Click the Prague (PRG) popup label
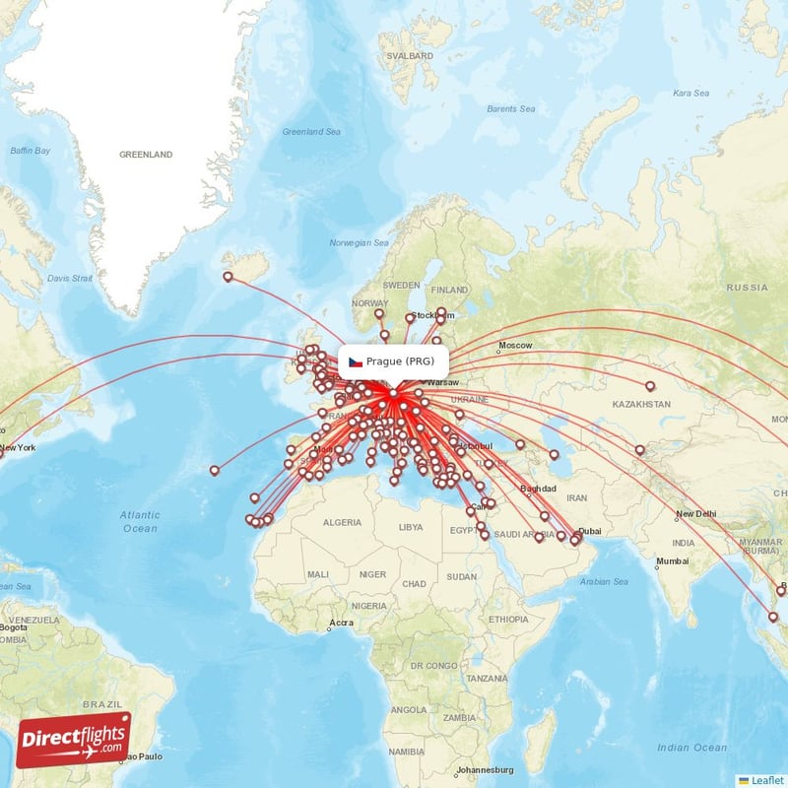coord(399,361)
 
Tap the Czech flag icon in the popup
coord(355,361)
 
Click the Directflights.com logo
coord(74,740)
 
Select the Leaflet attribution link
coord(765,779)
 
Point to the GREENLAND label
coord(146,155)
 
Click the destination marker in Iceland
coord(229,277)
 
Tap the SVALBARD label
coord(410,57)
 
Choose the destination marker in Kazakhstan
coord(649,385)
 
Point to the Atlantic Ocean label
coord(140,521)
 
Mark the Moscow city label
coord(515,346)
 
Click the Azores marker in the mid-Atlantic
coord(215,470)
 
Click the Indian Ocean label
coord(695,748)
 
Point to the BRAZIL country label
coord(100,705)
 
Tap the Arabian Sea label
coord(605,581)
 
